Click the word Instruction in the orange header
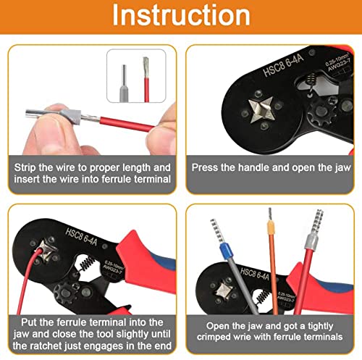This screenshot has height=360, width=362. click(x=181, y=15)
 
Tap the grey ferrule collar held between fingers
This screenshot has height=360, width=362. click(x=70, y=116)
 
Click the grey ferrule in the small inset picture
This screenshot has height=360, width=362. click(x=124, y=83)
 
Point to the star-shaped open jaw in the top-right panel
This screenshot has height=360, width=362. click(x=262, y=109)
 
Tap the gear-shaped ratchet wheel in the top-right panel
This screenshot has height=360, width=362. click(x=321, y=112)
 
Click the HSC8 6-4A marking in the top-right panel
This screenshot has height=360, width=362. click(x=282, y=65)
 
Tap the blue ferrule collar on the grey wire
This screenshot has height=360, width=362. click(x=227, y=251)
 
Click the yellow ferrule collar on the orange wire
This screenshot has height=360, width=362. click(x=271, y=228)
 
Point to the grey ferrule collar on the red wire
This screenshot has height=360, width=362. click(x=311, y=242)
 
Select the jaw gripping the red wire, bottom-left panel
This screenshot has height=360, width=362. click(x=47, y=251)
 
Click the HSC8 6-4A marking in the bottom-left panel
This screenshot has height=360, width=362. click(x=82, y=237)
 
